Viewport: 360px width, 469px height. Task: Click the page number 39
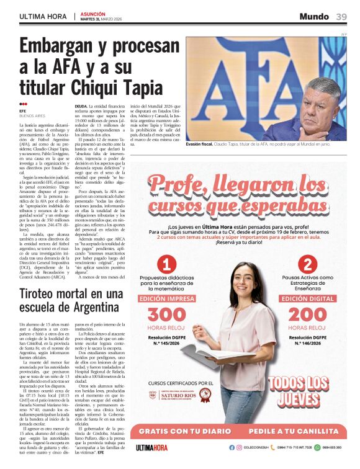point(341,17)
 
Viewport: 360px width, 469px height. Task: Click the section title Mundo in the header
point(314,16)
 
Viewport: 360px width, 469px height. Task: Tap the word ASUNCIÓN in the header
point(93,13)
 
